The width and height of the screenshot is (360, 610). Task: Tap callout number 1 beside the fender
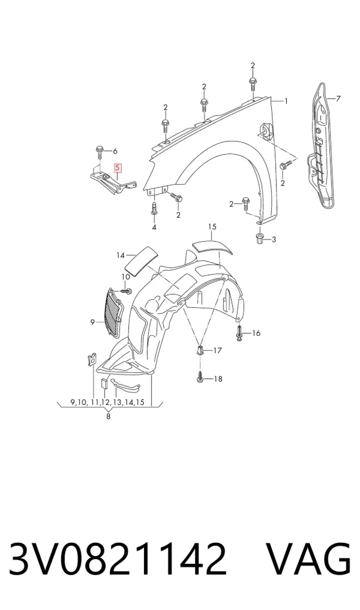[x=286, y=101]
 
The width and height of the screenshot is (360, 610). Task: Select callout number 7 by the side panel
[x=338, y=99]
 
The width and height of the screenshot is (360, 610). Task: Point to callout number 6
[x=115, y=151]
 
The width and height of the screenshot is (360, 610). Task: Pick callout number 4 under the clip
[x=154, y=227]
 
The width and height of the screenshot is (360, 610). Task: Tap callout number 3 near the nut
[x=274, y=239]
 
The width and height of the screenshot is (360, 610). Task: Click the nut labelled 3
[x=260, y=238]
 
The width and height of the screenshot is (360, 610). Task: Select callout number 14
[x=121, y=256]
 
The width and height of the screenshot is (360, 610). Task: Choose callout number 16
[x=256, y=333]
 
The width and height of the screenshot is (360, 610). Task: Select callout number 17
[x=217, y=350]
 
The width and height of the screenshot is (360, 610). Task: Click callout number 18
[x=218, y=378]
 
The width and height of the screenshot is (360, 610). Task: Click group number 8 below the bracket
[x=108, y=417]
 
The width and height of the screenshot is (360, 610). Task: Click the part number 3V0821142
[x=118, y=558]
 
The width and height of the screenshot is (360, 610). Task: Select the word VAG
[x=308, y=558]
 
